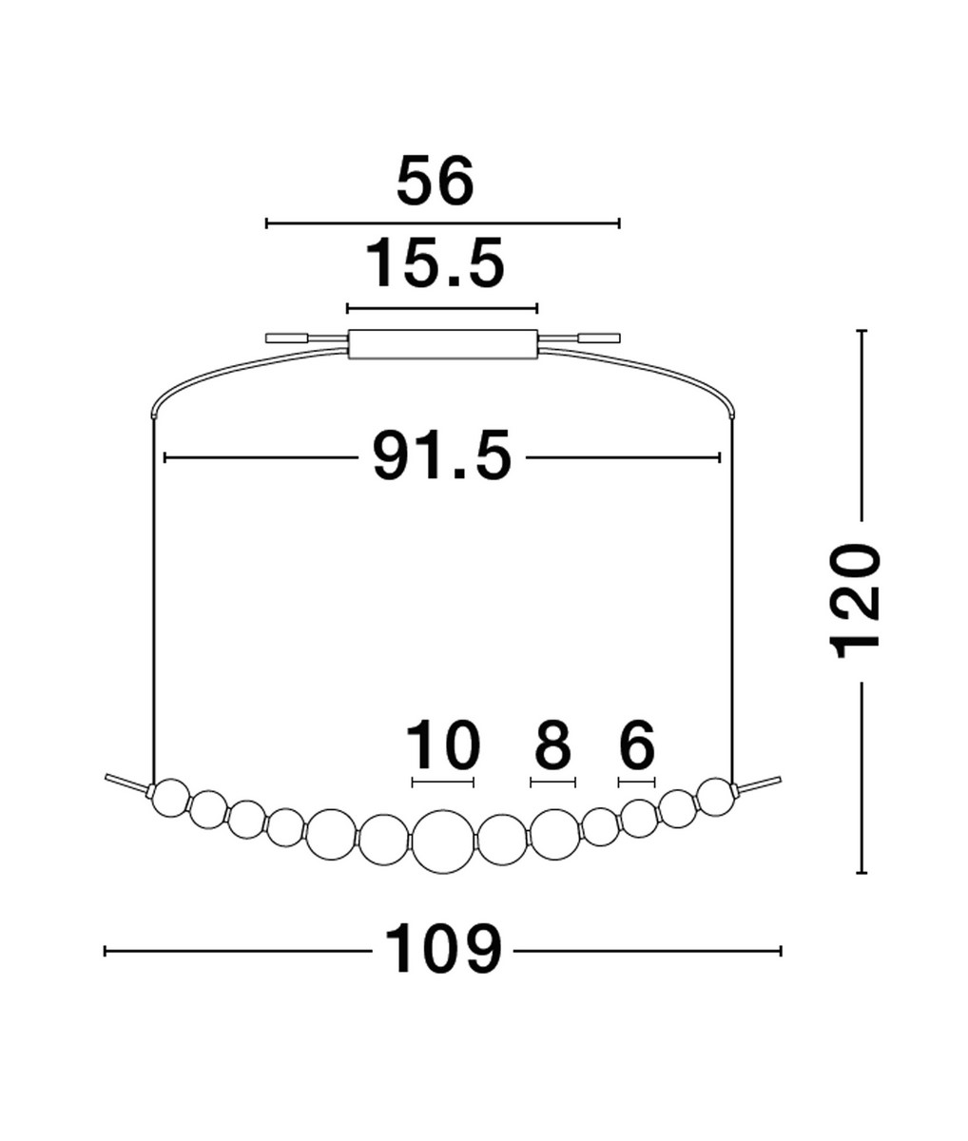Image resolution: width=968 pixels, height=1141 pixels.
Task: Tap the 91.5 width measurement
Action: click(x=441, y=457)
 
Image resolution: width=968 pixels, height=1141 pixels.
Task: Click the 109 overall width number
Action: click(x=442, y=950)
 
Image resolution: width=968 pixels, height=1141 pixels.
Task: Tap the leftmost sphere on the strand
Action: click(x=172, y=797)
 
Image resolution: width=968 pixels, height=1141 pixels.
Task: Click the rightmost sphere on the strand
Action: click(x=715, y=797)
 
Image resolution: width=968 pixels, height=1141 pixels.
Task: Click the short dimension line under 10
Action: click(x=442, y=783)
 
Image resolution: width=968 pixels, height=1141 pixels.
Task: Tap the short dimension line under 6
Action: click(x=636, y=783)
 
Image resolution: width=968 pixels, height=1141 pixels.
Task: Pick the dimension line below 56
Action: click(x=442, y=223)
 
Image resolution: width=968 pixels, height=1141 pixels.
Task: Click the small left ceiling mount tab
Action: click(x=286, y=338)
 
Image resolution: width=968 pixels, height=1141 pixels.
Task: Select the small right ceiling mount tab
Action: click(x=599, y=338)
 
